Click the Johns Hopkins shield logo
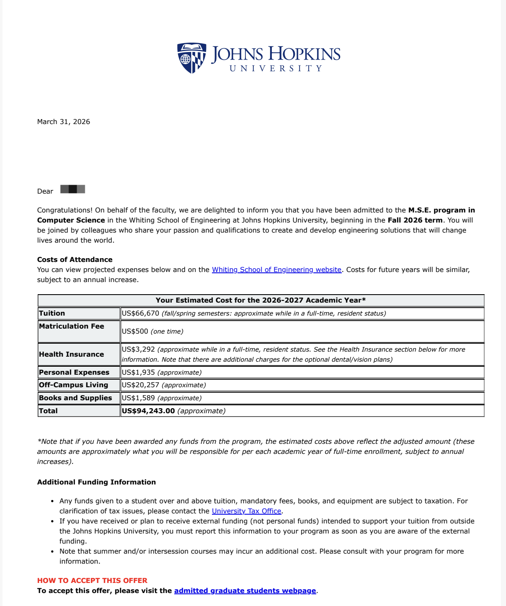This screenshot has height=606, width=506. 191,57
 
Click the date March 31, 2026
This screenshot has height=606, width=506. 64,122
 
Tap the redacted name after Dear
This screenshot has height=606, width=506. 72,189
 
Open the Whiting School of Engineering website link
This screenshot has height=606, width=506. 276,270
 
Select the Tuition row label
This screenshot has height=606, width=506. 52,313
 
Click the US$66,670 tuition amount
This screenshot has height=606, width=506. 140,313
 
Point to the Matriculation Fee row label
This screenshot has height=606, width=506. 71,326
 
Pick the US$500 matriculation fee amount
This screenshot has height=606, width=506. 135,331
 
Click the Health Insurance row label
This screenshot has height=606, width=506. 71,355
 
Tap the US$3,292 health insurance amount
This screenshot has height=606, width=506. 138,350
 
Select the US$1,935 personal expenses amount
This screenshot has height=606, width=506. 138,373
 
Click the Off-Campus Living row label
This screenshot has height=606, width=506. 73,385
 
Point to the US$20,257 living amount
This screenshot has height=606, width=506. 140,385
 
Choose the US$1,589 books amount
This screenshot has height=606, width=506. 138,398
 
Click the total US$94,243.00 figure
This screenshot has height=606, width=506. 148,411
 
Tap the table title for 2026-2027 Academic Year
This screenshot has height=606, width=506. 261,300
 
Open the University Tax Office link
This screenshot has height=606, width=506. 246,511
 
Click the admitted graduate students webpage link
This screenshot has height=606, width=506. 245,591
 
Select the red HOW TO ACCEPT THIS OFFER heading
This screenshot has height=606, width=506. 92,581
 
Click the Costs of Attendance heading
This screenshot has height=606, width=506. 75,260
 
